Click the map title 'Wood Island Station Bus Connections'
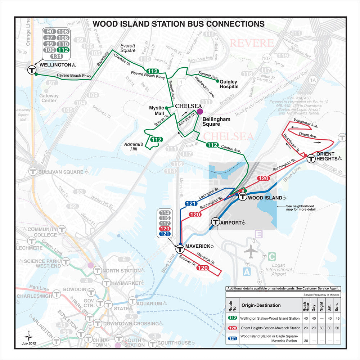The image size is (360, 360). click(x=179, y=24)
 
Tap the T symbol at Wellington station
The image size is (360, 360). click(x=32, y=70)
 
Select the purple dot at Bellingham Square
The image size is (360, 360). click(x=200, y=112)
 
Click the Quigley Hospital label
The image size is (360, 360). click(x=229, y=84)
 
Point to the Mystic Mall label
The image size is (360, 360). click(x=157, y=111)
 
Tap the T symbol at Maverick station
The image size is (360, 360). click(x=180, y=249)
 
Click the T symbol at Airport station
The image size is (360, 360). click(x=216, y=222)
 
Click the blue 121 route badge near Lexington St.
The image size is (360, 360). click(x=191, y=204)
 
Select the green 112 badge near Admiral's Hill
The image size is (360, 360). click(x=157, y=140)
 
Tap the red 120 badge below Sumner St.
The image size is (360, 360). click(x=203, y=268)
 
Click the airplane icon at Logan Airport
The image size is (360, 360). click(x=251, y=251)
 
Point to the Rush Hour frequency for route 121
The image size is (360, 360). click(x=305, y=341)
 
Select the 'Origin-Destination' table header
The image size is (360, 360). click(x=261, y=305)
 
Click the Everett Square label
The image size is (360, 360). click(x=128, y=48)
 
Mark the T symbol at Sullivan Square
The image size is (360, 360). click(x=33, y=171)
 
